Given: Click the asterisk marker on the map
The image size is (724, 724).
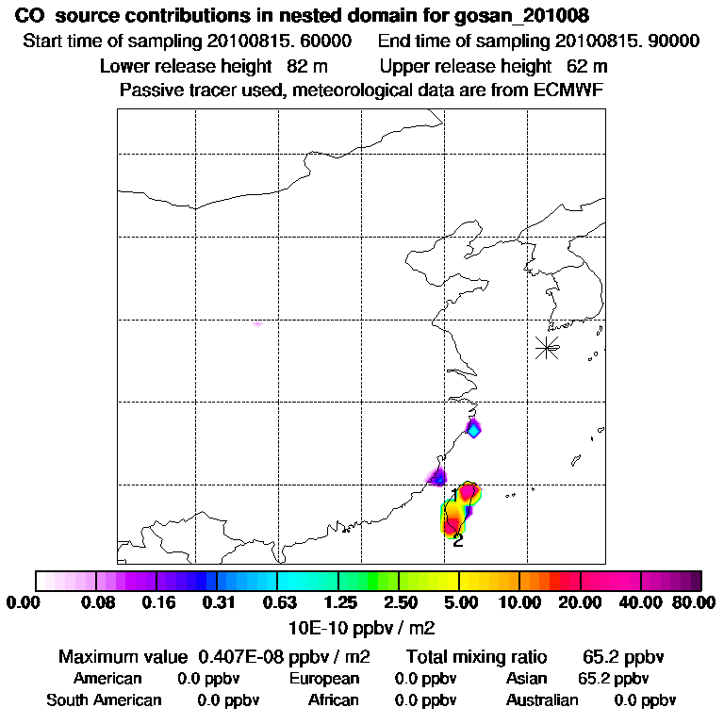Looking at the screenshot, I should [x=547, y=347].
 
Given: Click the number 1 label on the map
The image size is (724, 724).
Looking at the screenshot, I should [x=454, y=495].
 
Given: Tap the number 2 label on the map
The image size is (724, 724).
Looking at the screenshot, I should [x=458, y=540].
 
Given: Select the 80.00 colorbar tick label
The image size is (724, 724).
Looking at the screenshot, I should [x=689, y=602].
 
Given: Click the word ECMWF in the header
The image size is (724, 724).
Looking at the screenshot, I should [x=570, y=90].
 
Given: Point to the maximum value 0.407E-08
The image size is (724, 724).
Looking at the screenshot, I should [x=249, y=656].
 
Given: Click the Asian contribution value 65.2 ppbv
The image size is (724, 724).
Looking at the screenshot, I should [x=613, y=679].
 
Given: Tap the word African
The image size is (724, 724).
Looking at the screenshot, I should [x=334, y=700].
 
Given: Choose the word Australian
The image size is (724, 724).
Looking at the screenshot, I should [x=542, y=700].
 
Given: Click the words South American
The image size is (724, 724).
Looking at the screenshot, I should [x=104, y=700].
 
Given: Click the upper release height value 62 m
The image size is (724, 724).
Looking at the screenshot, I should [x=586, y=66].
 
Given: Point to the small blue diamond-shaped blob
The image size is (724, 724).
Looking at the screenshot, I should [x=474, y=429].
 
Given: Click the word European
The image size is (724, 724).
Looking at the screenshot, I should [x=324, y=679].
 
